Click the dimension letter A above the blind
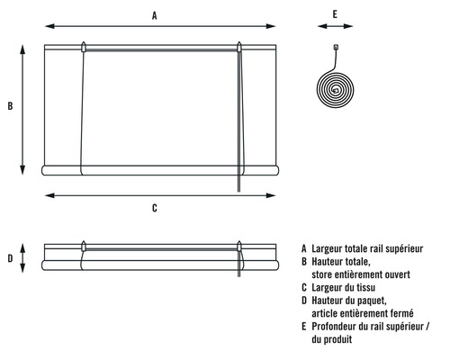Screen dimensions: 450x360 click(x=155, y=15)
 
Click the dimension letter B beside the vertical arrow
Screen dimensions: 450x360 click(x=10, y=106)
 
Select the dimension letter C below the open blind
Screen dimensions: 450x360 click(x=155, y=208)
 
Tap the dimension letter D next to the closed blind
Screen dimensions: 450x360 click(x=10, y=258)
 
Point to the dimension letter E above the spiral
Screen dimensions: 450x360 click(x=335, y=14)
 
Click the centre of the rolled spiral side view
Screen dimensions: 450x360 click(x=336, y=89)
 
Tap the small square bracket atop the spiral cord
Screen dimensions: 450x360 click(x=336, y=47)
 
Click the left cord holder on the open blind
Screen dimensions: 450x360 click(x=84, y=47)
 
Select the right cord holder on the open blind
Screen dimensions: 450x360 click(x=239, y=47)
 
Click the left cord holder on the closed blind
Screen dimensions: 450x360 click(x=84, y=246)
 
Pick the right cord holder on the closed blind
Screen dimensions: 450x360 click(x=239, y=246)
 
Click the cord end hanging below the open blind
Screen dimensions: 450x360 click(x=239, y=191)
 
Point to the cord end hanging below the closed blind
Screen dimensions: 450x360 click(x=239, y=275)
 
